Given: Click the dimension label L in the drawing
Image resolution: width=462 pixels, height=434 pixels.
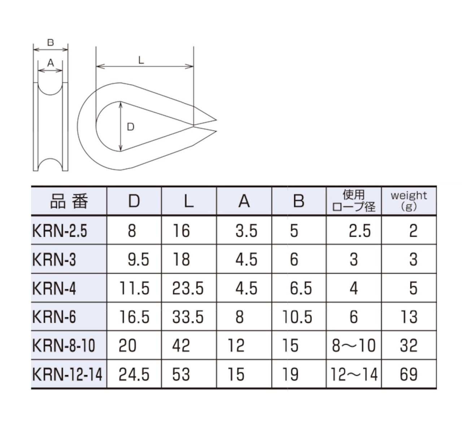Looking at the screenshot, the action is (x=141, y=60).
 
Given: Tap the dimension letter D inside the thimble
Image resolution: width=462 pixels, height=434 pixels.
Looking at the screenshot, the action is (x=131, y=127).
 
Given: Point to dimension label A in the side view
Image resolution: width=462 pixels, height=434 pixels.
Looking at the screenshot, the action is (x=51, y=63).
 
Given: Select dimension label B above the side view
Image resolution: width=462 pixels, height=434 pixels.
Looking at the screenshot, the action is (x=51, y=42).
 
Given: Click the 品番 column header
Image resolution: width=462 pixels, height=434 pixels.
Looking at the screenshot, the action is (x=69, y=201).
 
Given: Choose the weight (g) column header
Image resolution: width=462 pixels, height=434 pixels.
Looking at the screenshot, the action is (x=409, y=201).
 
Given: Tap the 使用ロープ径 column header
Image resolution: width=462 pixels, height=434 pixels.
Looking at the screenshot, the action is (x=354, y=201).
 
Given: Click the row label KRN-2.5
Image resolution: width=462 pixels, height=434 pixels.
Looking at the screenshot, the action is (x=60, y=231).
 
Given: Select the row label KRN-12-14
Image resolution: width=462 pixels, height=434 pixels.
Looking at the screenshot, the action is (x=67, y=374).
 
